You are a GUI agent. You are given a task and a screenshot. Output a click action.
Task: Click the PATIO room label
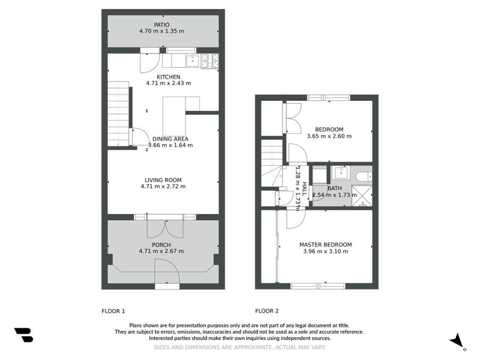[x=162, y=25]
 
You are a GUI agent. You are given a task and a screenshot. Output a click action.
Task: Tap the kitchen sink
[x=193, y=59]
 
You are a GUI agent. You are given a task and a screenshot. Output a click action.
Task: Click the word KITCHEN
[x=169, y=77]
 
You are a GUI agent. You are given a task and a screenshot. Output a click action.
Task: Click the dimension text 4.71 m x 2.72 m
[x=163, y=187]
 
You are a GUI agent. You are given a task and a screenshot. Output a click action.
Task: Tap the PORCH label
[x=161, y=245]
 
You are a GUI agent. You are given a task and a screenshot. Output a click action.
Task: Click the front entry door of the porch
[x=167, y=273]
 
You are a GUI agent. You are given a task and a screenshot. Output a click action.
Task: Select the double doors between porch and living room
[x=165, y=227]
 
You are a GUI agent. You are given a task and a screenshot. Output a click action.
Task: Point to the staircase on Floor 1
[x=118, y=114]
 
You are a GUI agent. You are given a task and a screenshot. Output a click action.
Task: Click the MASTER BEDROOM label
[x=325, y=245]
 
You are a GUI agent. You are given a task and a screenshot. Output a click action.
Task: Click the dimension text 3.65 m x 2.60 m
[x=329, y=136]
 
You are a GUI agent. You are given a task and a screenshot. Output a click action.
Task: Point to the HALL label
[x=304, y=190]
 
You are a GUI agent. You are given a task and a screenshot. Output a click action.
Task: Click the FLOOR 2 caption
[x=267, y=311]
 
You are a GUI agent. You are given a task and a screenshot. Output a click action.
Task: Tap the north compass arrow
[x=458, y=340]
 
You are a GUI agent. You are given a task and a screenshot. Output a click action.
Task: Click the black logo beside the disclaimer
[x=23, y=335]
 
